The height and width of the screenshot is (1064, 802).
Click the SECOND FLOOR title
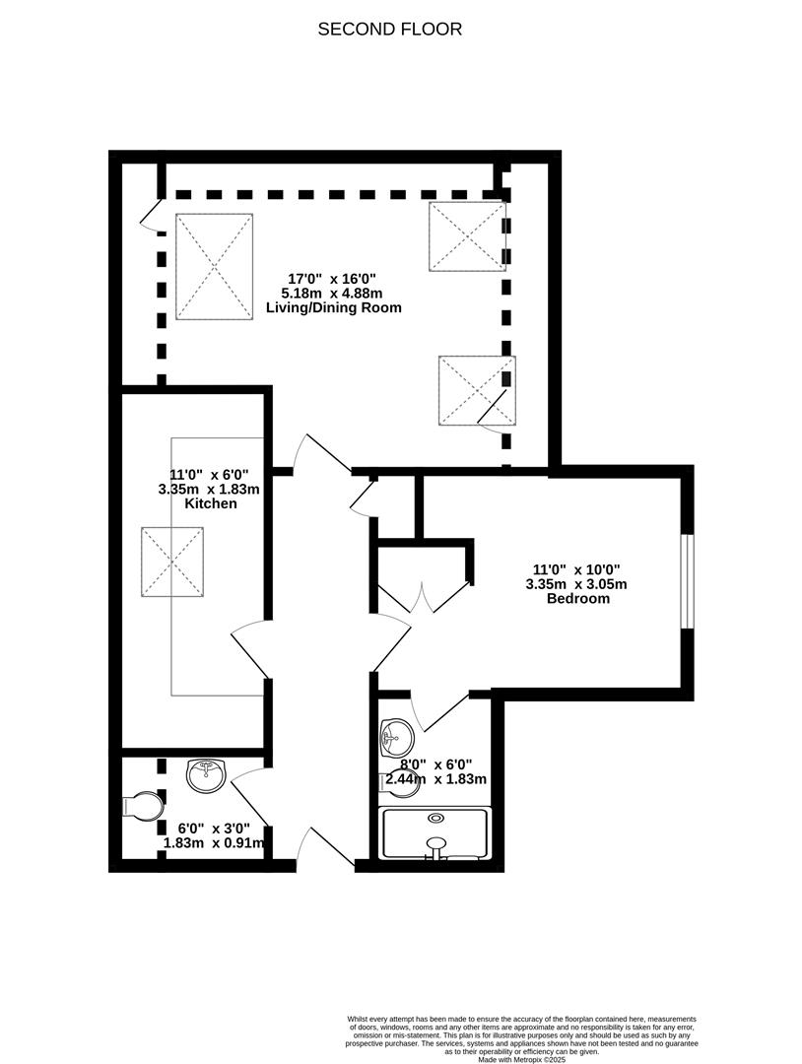click(389, 30)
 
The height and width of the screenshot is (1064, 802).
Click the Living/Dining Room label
click(334, 307)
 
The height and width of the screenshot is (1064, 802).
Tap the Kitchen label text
click(210, 503)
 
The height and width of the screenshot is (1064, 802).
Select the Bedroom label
click(578, 599)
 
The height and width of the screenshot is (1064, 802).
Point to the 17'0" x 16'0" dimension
click(332, 278)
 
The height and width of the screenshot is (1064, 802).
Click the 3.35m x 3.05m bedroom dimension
click(576, 584)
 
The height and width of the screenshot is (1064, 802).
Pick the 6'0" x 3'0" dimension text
click(214, 829)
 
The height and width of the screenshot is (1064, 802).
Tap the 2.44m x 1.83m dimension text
click(435, 779)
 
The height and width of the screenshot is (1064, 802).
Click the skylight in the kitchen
click(173, 563)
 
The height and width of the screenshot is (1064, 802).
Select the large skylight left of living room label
click(215, 267)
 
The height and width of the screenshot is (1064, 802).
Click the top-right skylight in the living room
click(467, 236)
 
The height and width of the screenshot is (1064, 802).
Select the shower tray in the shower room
click(435, 833)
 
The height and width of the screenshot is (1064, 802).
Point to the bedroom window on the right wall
click(688, 581)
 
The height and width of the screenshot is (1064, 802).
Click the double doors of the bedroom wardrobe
click(423, 597)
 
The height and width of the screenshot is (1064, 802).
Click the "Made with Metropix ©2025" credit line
click(521, 1058)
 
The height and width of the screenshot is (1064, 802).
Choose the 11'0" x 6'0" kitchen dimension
click(209, 474)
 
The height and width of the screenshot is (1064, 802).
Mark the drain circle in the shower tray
click(435, 818)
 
